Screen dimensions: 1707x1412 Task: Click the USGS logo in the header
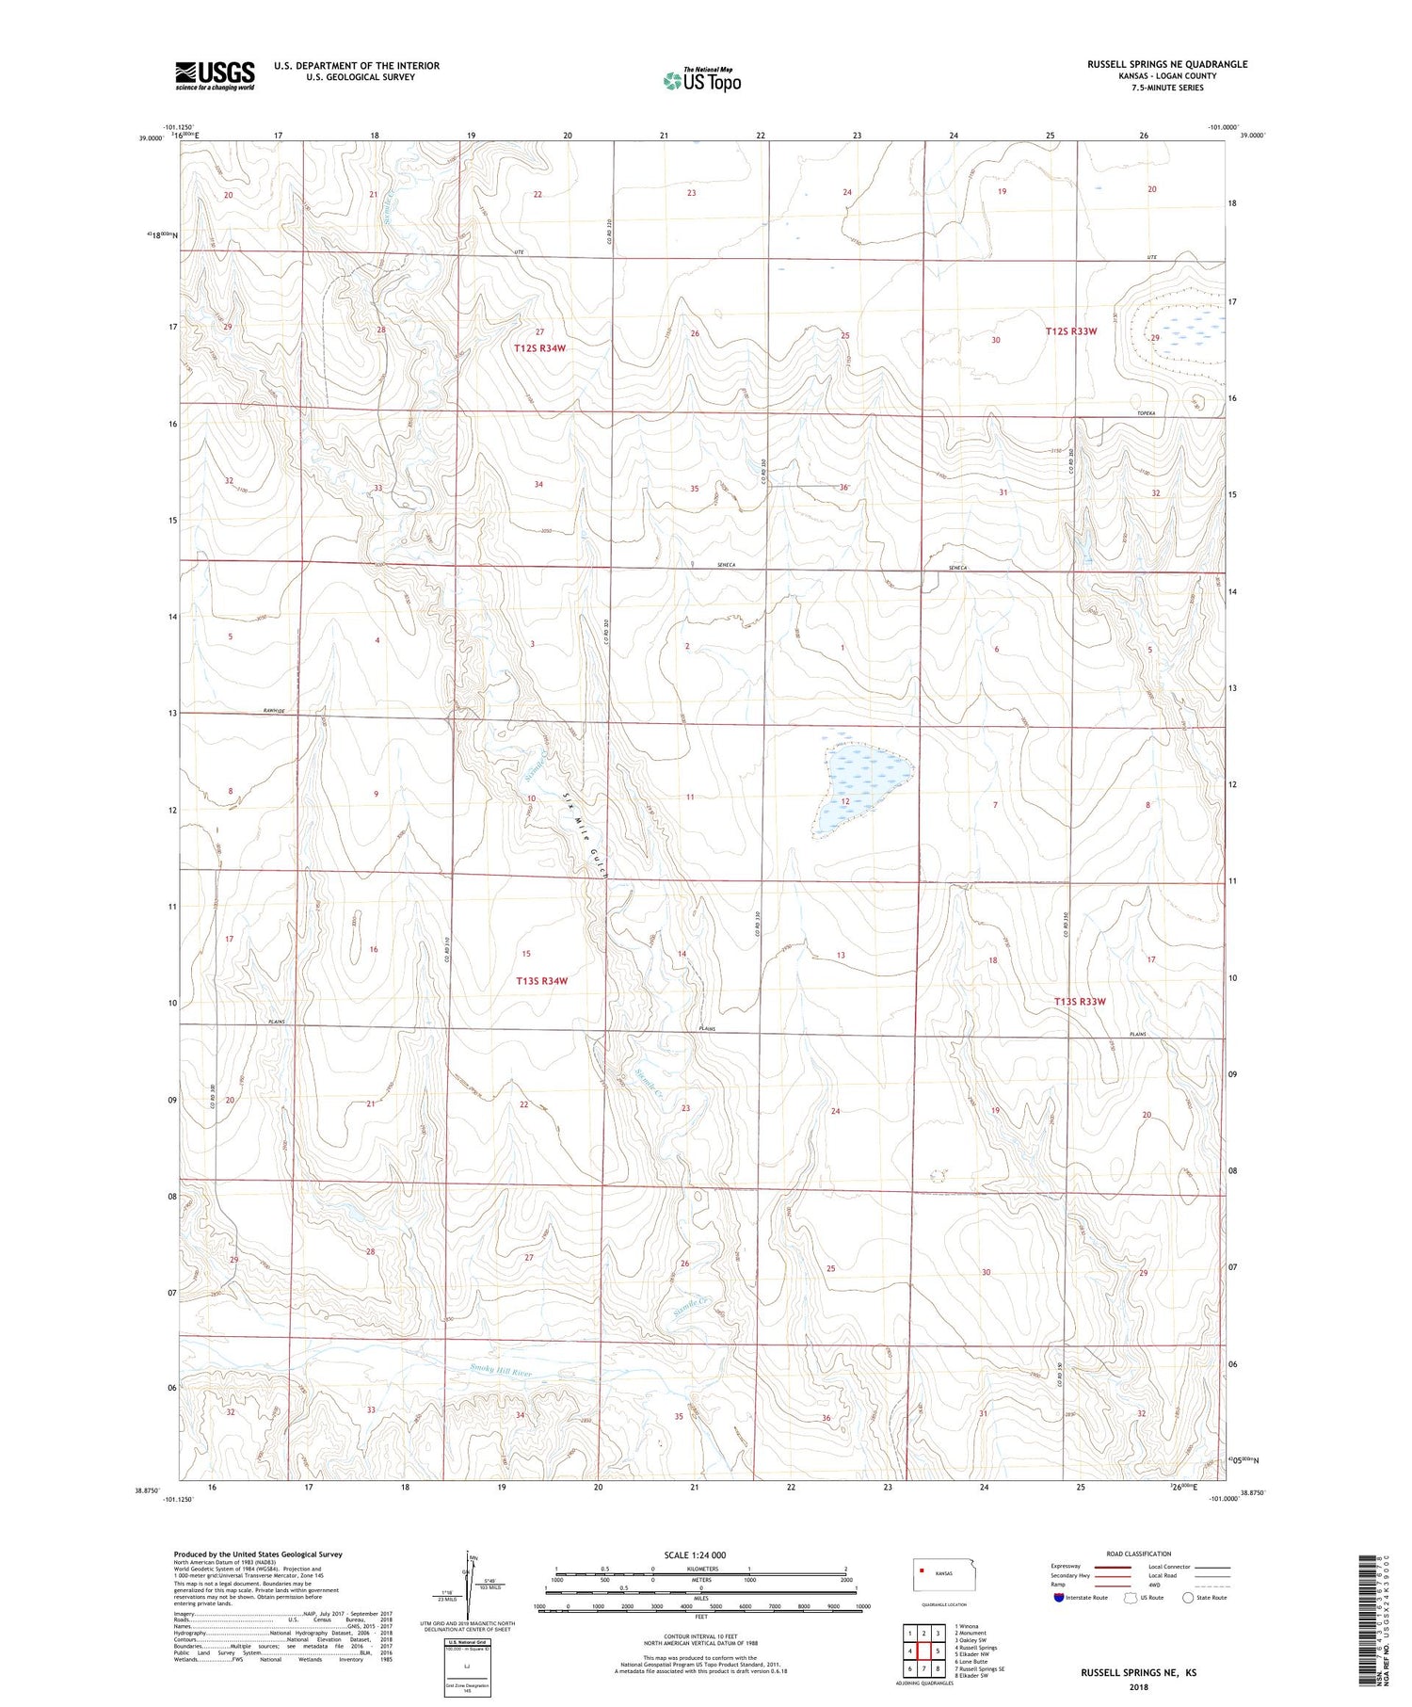215,75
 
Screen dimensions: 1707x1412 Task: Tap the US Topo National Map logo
702,81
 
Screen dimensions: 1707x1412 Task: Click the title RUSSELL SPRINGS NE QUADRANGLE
1166,64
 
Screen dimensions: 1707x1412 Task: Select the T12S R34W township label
540,348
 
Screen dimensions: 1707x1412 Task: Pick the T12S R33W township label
1071,331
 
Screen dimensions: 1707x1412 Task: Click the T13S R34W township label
542,981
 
